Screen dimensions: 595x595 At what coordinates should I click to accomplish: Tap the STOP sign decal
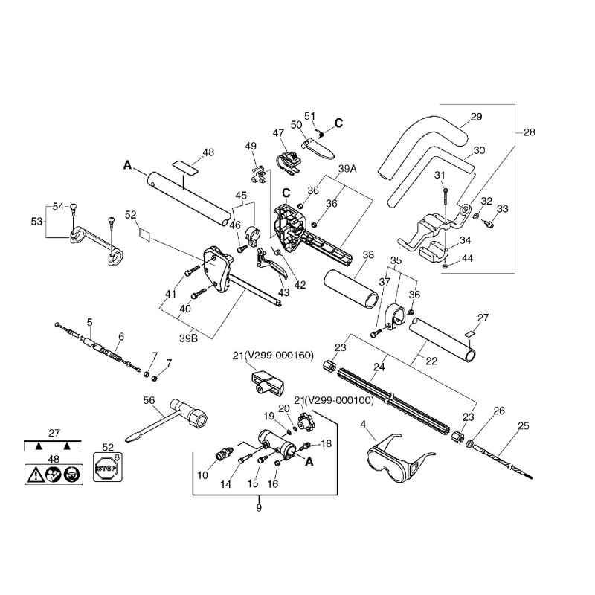(108, 468)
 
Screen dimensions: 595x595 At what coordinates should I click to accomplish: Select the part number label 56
(149, 400)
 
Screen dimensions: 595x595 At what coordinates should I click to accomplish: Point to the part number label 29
(476, 117)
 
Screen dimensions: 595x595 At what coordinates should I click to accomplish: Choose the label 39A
(347, 169)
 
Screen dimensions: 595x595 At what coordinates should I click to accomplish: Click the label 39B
(188, 338)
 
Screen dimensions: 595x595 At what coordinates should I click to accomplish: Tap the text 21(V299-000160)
(273, 356)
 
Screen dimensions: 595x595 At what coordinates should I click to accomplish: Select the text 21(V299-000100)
(334, 400)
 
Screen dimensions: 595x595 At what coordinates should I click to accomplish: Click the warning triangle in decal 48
(36, 475)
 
